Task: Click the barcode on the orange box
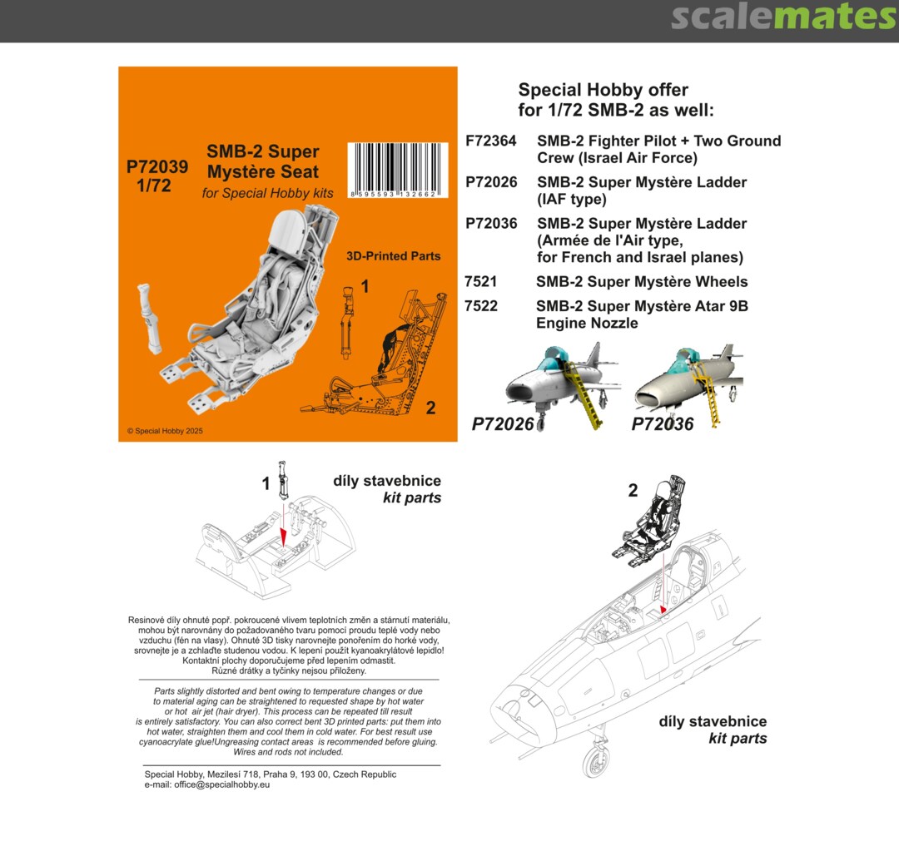(x=397, y=170)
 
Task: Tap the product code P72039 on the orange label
(x=157, y=166)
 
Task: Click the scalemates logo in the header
(x=784, y=17)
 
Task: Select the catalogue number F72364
(x=491, y=141)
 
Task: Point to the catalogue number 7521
(x=480, y=282)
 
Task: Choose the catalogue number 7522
(x=480, y=306)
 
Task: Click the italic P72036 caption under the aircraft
(x=663, y=424)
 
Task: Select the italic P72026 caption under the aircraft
(x=503, y=424)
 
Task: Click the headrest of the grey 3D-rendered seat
(x=291, y=227)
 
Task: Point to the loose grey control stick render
(x=149, y=318)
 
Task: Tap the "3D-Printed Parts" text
(x=393, y=256)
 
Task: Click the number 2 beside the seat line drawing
(x=430, y=408)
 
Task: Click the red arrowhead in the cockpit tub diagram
(x=283, y=537)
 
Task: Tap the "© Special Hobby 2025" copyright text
(x=165, y=431)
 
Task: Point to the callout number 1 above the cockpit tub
(x=266, y=483)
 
